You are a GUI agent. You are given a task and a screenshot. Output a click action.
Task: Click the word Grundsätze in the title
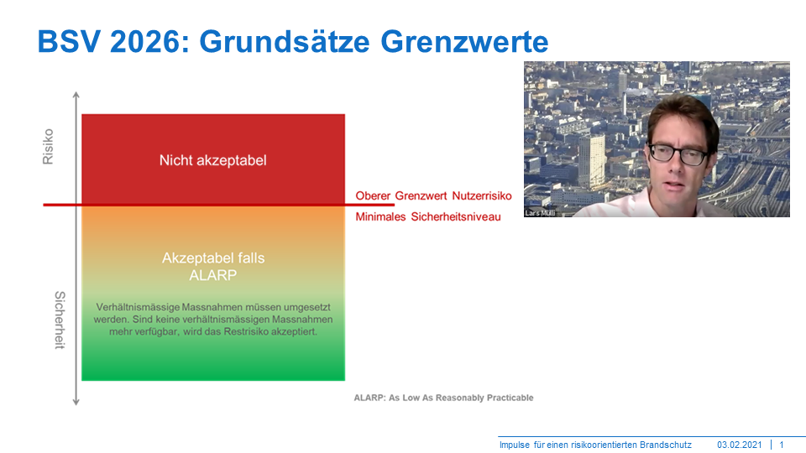click(285, 42)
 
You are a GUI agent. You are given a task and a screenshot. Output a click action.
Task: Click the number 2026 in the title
click(146, 41)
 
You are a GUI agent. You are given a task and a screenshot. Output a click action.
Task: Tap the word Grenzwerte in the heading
click(464, 42)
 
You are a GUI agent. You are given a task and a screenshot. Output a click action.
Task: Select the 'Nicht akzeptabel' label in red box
click(212, 160)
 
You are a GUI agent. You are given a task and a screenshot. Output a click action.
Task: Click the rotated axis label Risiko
click(48, 147)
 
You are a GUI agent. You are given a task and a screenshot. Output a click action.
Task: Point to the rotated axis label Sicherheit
click(60, 320)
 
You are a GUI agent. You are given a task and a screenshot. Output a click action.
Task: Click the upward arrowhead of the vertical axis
click(76, 95)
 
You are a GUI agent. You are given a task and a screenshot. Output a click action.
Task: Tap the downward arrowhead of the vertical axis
click(76, 402)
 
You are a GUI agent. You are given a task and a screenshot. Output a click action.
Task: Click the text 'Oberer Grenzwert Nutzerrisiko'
click(433, 195)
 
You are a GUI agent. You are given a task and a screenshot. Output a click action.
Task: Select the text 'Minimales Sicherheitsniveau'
click(428, 216)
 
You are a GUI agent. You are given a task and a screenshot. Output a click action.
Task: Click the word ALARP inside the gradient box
click(212, 275)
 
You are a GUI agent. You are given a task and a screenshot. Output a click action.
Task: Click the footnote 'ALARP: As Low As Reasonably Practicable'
click(443, 398)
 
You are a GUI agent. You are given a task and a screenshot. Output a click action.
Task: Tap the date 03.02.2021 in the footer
click(740, 445)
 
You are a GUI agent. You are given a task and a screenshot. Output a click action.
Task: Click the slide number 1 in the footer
click(782, 445)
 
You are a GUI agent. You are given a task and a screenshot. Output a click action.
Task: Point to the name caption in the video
click(540, 212)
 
